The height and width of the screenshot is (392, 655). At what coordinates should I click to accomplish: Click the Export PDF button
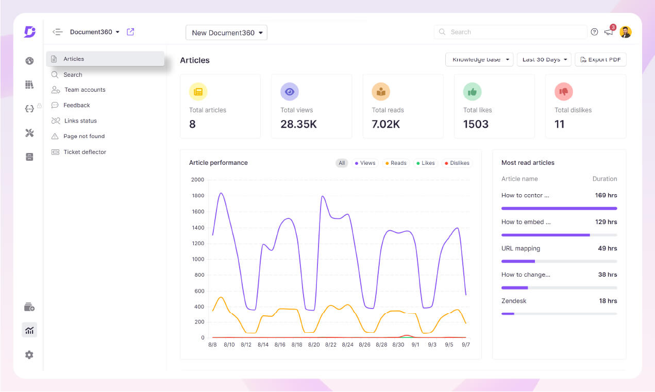pos(600,60)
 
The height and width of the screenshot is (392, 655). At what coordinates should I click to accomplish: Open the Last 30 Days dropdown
pos(544,60)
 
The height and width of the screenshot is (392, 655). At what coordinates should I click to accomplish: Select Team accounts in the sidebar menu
pos(85,90)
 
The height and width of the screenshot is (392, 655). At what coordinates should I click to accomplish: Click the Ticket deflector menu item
pos(85,152)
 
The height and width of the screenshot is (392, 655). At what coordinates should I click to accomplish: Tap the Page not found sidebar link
pos(83,136)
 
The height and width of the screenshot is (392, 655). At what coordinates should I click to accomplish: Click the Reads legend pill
pos(395,163)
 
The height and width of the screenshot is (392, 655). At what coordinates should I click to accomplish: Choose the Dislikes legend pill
pos(457,163)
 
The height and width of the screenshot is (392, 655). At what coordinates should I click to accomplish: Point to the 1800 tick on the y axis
pos(197,196)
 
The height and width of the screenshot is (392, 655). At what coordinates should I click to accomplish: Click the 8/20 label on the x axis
pos(313,345)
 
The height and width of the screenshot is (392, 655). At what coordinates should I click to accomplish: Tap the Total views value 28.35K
pos(298,124)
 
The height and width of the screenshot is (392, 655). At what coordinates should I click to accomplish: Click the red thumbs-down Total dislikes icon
pos(563,92)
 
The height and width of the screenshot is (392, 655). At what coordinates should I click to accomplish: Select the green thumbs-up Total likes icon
pos(472,92)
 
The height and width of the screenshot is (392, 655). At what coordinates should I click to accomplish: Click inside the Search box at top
pos(510,32)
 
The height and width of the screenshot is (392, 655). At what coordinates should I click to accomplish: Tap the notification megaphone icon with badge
pos(609,32)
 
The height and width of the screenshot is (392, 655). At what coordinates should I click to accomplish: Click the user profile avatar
pos(626,32)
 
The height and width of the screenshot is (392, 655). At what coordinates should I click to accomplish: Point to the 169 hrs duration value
pos(606,195)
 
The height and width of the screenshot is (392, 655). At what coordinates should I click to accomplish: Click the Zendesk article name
pos(514,301)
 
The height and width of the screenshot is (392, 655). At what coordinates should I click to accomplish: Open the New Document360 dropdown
pos(226,32)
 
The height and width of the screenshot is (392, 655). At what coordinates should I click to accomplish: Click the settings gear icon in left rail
pos(29,355)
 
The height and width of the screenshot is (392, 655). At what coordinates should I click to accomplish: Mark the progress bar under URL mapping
pos(559,261)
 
